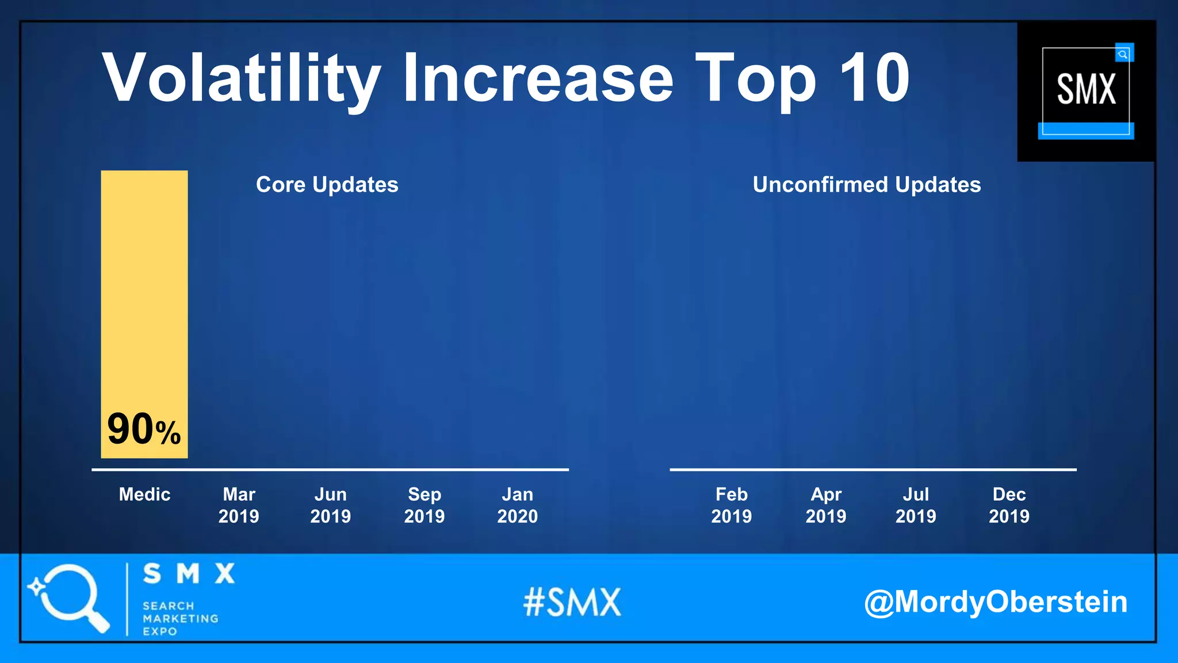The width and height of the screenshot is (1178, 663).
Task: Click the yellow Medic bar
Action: pos(144,288)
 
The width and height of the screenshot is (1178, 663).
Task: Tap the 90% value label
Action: pos(144,429)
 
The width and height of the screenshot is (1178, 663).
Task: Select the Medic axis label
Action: pos(144,494)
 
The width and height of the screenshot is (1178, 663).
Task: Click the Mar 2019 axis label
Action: pos(239,505)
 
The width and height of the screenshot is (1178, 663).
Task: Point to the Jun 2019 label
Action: pos(331,505)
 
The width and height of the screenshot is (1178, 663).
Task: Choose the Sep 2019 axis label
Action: pos(424,505)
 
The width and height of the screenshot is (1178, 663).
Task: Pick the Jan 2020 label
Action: pos(518,505)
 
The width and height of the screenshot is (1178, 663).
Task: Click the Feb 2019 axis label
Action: pos(732,505)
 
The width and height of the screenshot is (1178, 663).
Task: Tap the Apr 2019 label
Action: pos(826,505)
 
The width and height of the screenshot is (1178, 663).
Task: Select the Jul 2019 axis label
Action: pos(916,505)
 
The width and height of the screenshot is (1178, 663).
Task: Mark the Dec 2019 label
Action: pos(1009,505)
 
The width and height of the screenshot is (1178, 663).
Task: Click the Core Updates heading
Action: pos(327,185)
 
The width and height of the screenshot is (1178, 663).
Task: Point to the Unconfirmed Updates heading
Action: pos(867,185)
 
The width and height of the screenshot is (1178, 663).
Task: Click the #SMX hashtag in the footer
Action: pos(572,603)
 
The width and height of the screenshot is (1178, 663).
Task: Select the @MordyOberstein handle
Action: pos(996,602)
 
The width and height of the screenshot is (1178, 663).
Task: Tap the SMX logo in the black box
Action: pos(1086,90)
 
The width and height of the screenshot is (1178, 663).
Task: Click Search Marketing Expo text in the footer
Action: pos(180,619)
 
